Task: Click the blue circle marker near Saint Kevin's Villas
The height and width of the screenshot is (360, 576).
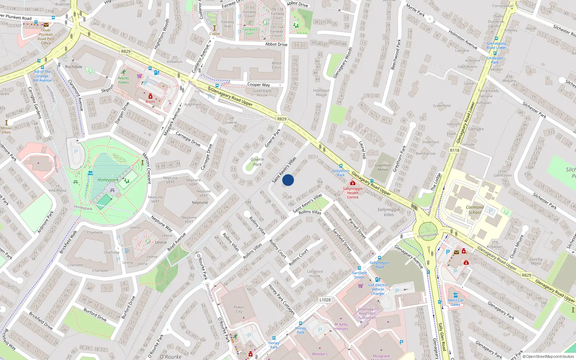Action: click(288, 180)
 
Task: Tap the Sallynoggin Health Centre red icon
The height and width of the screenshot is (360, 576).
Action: click(352, 183)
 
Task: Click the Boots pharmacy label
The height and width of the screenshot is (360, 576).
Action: click(150, 102)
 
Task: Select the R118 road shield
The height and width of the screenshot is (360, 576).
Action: click(455, 150)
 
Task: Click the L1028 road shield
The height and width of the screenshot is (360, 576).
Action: click(325, 300)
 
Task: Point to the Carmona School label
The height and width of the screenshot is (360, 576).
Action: click(474, 210)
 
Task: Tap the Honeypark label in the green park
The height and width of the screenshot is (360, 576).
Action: click(108, 180)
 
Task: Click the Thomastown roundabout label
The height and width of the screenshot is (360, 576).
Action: click(428, 235)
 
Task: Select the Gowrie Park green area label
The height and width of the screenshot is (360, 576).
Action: click(257, 162)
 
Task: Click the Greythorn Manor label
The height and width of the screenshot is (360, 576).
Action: click(383, 167)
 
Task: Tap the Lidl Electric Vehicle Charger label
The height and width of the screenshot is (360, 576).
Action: click(378, 289)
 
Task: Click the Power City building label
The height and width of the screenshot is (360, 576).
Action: click(239, 309)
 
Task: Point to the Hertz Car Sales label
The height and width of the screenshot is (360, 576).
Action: click(456, 302)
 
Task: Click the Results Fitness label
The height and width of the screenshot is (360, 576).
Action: click(123, 80)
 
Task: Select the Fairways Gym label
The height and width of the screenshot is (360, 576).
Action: click(249, 31)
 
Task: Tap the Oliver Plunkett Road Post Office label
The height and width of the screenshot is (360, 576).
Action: click(46, 37)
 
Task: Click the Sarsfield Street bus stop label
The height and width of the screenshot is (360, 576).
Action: click(359, 275)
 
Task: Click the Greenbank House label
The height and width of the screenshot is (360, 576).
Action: click(262, 93)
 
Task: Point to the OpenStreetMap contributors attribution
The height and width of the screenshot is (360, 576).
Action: click(548, 356)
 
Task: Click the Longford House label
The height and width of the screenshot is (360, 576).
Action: click(315, 274)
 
